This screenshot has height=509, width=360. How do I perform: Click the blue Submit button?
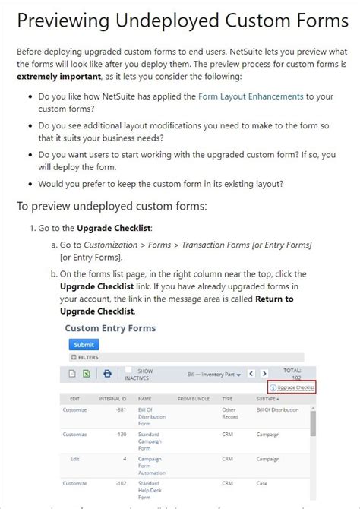(x=84, y=344)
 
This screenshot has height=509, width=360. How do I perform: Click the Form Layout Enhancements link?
(x=250, y=96)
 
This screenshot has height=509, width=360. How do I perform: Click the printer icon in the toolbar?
(x=108, y=374)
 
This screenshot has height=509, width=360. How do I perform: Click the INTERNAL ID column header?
(x=113, y=398)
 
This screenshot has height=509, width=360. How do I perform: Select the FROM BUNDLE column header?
(x=194, y=398)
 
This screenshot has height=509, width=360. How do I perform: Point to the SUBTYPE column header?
(x=267, y=398)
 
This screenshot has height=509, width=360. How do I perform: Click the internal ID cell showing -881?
(x=120, y=410)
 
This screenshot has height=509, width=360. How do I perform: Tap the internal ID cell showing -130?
(x=120, y=434)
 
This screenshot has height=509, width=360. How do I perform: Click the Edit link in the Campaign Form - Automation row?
(x=74, y=459)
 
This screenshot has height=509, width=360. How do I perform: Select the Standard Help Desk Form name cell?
(x=150, y=490)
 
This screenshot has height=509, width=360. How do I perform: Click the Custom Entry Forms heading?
(x=110, y=328)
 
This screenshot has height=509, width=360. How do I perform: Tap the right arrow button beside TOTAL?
(x=264, y=374)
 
